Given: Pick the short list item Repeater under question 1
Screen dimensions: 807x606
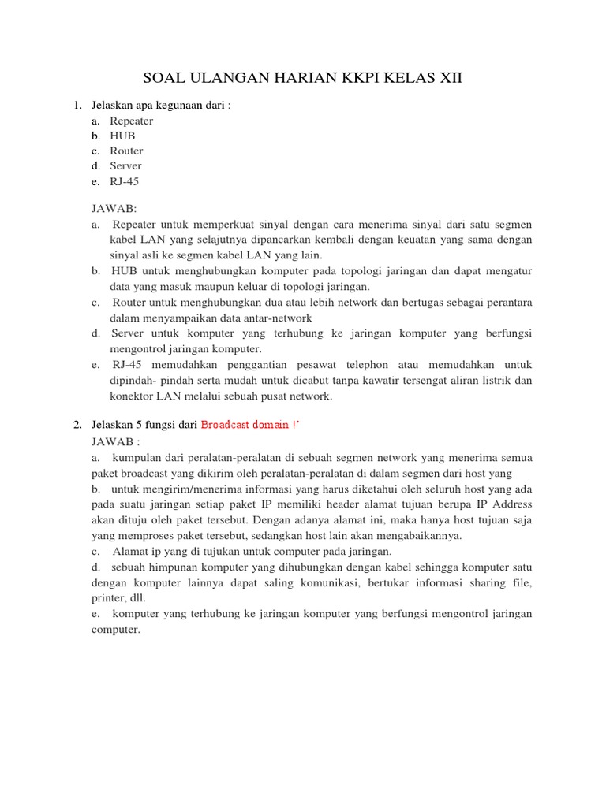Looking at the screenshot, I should point(132,121).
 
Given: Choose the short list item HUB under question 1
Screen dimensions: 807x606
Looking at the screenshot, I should point(123,136).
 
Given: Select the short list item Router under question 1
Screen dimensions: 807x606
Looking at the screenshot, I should point(126,151).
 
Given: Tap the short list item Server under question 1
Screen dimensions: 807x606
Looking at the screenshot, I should point(126,166).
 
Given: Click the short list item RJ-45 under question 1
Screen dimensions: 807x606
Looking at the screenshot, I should point(125,181).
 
